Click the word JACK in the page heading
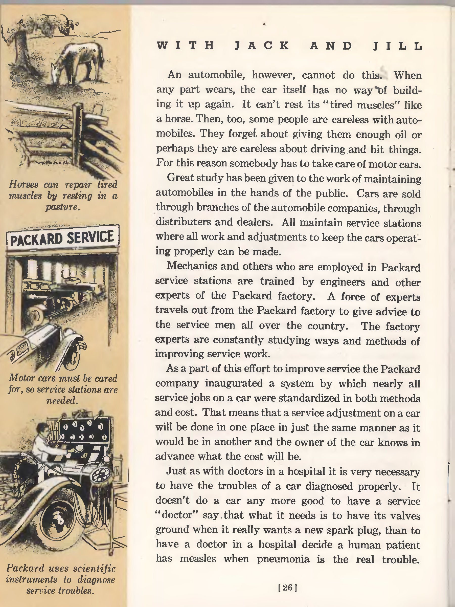(x=262, y=46)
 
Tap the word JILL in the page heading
(x=397, y=46)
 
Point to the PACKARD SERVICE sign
(x=62, y=238)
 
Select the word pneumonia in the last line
(x=283, y=558)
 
